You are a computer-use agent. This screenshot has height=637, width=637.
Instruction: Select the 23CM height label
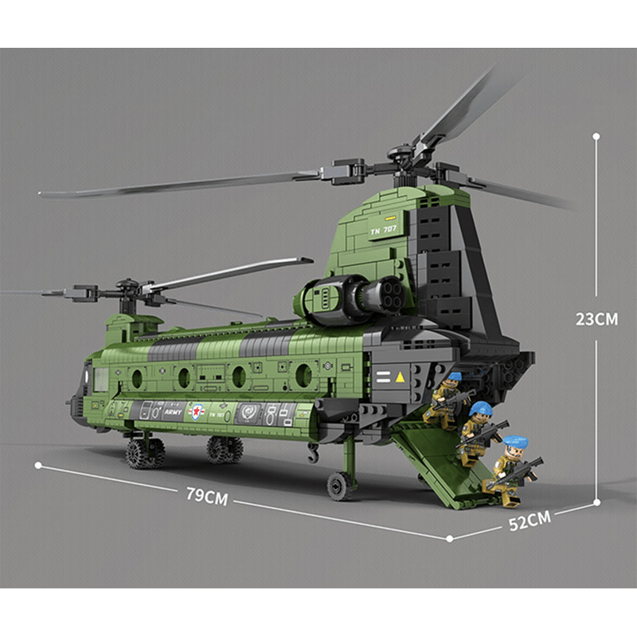click(x=596, y=318)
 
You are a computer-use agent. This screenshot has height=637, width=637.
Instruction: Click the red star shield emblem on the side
click(x=196, y=412)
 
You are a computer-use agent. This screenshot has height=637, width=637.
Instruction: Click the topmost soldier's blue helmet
click(x=454, y=377)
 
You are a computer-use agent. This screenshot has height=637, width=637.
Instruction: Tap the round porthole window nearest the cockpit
click(x=137, y=378)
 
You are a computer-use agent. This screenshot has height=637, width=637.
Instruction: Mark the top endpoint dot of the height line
click(x=596, y=136)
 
